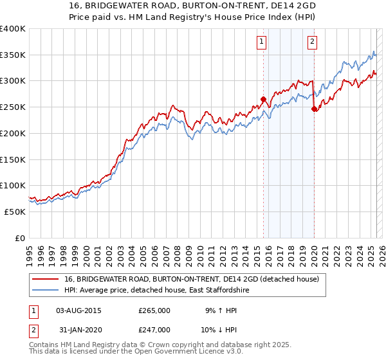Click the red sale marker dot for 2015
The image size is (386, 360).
(x=263, y=99)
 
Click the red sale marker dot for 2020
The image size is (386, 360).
(x=314, y=109)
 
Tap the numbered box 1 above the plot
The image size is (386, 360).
(x=262, y=42)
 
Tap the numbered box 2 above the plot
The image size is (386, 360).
(x=312, y=42)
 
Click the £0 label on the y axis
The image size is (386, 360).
(x=21, y=238)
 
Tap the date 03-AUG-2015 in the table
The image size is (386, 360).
(x=79, y=310)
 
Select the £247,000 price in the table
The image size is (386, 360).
(x=154, y=330)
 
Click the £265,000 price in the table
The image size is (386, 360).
(x=154, y=310)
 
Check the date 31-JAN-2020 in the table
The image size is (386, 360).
(x=79, y=330)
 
